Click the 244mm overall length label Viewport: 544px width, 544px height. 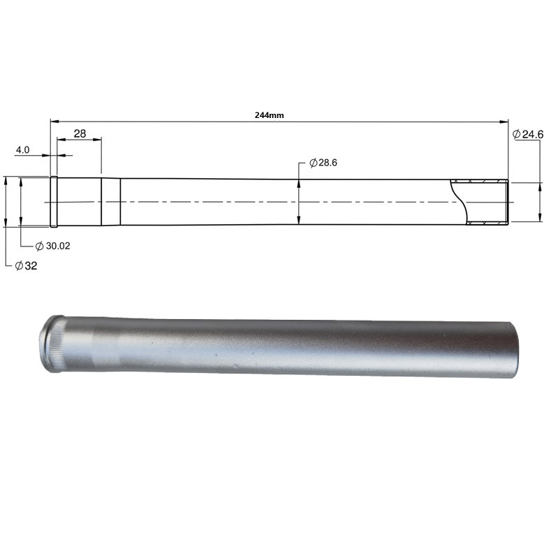pyautogui.click(x=270, y=115)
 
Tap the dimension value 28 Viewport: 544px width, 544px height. pyautogui.click(x=80, y=133)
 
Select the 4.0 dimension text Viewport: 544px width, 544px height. pyautogui.click(x=23, y=150)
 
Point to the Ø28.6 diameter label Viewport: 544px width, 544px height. pyautogui.click(x=323, y=163)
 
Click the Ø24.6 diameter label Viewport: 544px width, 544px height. pyautogui.click(x=528, y=134)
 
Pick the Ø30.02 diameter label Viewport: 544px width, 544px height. pyautogui.click(x=53, y=246)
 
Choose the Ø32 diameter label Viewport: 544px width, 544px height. pyautogui.click(x=26, y=266)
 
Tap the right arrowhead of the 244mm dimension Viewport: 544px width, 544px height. pyautogui.click(x=503, y=122)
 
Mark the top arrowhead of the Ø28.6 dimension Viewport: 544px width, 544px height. pyautogui.click(x=299, y=184)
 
